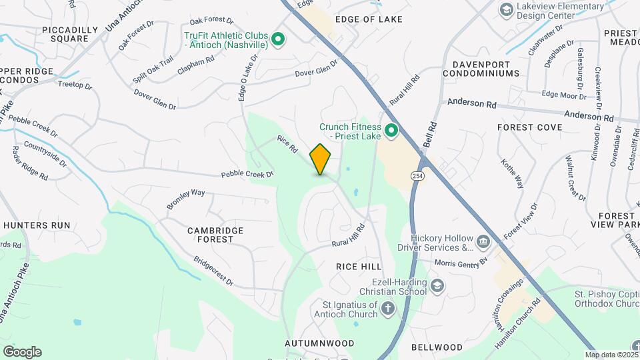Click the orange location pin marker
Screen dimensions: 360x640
321,159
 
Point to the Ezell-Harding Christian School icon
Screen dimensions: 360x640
437,287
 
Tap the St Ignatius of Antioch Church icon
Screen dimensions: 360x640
388,309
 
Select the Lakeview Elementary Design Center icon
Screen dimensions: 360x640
507,10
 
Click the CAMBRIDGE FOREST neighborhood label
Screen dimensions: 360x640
206,235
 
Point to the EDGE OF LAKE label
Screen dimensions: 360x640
369,19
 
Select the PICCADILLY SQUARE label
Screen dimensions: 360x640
65,34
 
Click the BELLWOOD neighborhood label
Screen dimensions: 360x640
437,347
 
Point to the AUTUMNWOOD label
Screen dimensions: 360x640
319,343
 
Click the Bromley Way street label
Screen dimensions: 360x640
185,199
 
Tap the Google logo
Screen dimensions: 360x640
22,352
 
